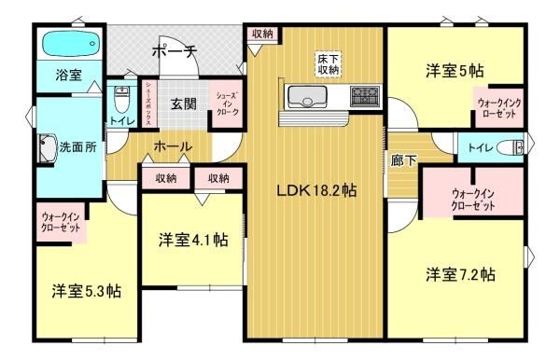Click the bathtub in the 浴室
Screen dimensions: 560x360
[x=71, y=43]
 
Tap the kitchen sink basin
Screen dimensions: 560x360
[x=307, y=97]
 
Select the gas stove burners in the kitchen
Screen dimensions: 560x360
[x=365, y=96]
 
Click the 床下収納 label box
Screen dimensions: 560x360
[x=328, y=63]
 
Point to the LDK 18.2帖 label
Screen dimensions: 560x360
[x=316, y=190]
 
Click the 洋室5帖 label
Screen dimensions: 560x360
[x=455, y=71]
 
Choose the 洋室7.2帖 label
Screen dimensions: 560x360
[x=460, y=275]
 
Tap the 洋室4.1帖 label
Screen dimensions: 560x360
[x=193, y=240]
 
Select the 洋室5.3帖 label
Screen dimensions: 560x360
[x=87, y=291]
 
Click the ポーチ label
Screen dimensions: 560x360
[x=175, y=52]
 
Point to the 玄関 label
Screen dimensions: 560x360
[x=183, y=104]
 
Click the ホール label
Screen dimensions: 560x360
[x=173, y=146]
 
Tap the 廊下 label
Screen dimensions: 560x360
[x=403, y=160]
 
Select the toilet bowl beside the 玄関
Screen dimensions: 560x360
[x=121, y=99]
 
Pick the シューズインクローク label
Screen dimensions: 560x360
[x=228, y=104]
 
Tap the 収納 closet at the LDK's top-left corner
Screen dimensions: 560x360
[x=262, y=35]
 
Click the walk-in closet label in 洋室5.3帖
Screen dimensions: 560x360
[x=61, y=222]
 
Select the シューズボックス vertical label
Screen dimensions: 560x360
[x=147, y=104]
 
